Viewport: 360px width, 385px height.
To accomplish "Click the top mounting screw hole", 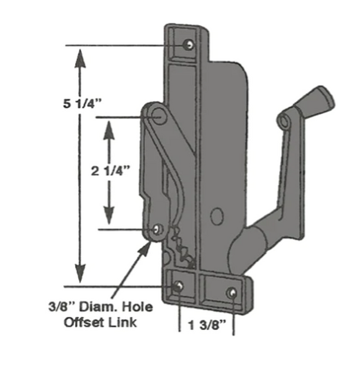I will [x=187, y=45].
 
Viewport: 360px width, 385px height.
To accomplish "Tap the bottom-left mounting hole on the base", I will [x=179, y=285].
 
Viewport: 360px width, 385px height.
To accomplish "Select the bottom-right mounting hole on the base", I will [x=232, y=291].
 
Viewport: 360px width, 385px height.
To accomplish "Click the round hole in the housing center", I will [x=216, y=216].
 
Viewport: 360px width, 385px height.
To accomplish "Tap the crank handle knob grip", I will [x=317, y=99].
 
